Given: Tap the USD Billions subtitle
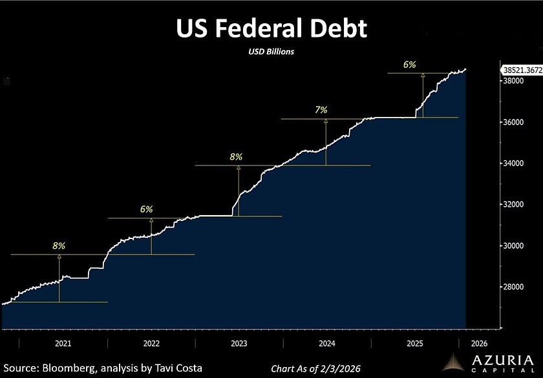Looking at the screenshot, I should pos(272,52).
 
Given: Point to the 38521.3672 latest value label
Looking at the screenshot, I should pos(521,68).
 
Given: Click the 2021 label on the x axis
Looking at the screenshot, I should pos(63,344).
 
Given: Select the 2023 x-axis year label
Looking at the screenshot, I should pos(239,344).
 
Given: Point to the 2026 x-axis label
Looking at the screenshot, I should pos(480,344).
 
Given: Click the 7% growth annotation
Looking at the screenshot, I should pos(321,110).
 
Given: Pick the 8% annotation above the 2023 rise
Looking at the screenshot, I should pos(236,156).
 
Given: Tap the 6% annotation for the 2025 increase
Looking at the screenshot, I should pos(409,65).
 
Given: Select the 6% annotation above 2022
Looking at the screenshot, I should pos(146,209).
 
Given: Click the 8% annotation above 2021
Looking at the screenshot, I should pos(59,246).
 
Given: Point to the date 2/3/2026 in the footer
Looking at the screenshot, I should pos(335,368).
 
